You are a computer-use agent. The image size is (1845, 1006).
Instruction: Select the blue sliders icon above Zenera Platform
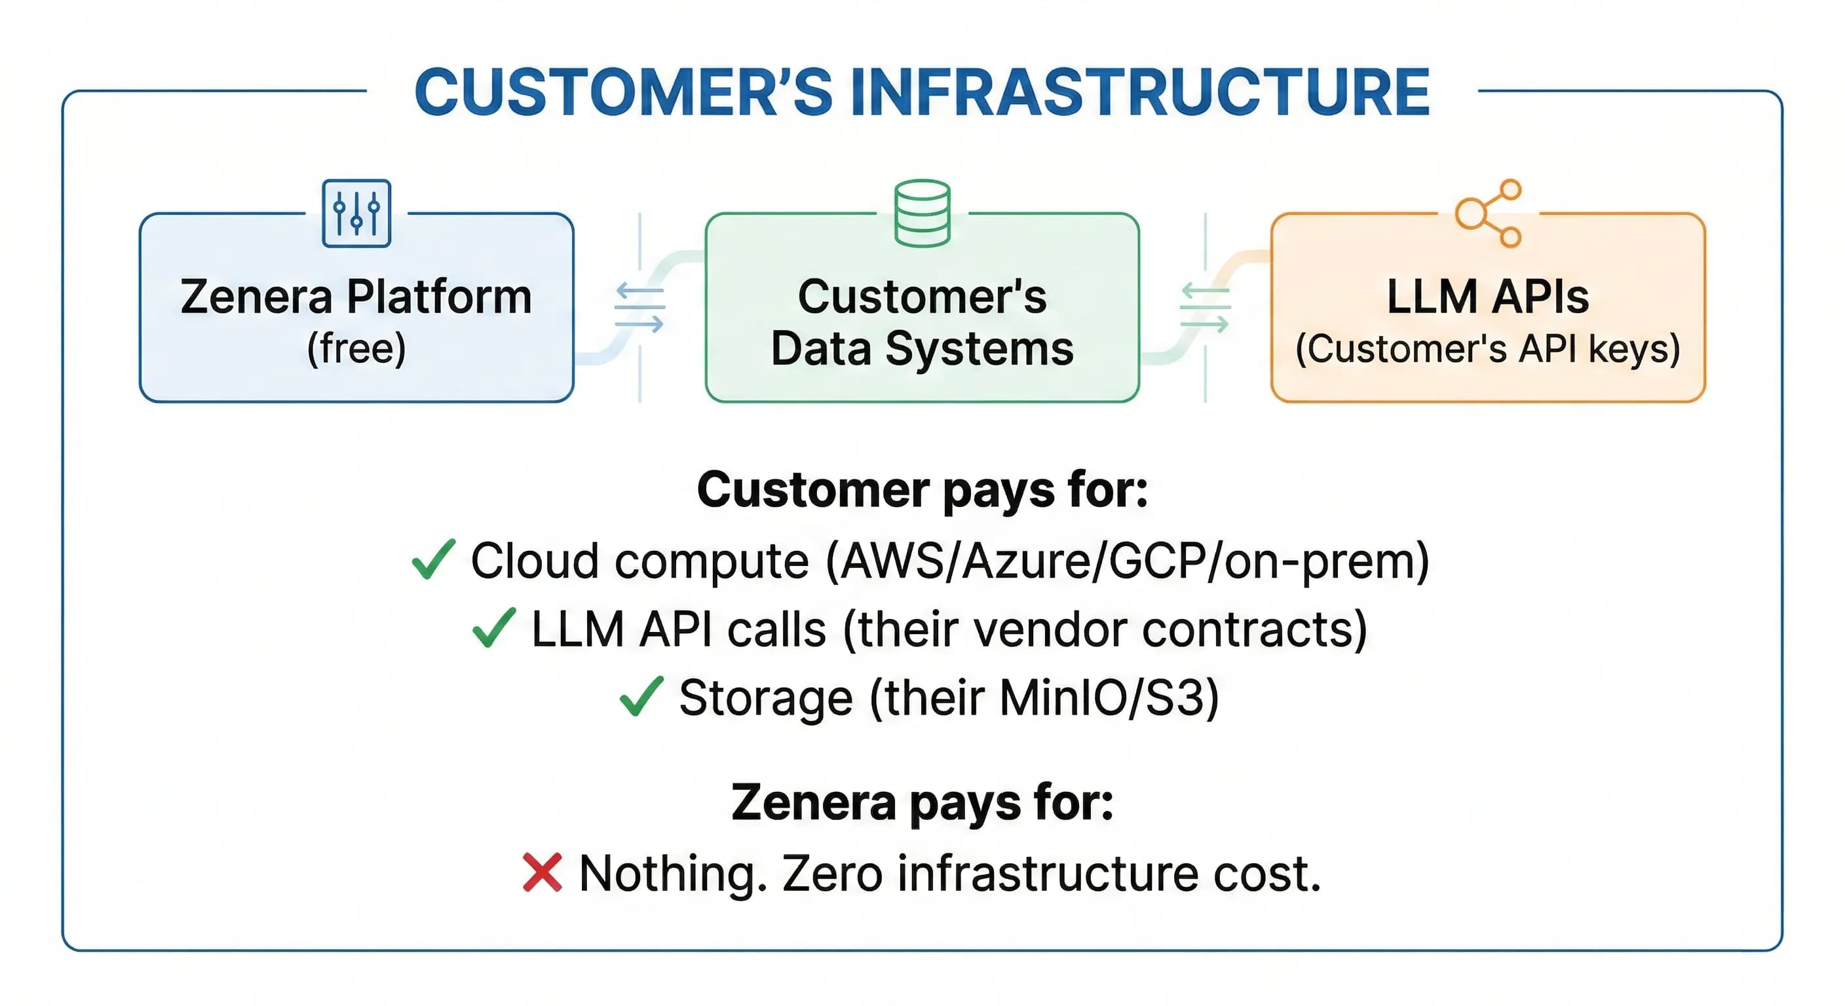pyautogui.click(x=356, y=214)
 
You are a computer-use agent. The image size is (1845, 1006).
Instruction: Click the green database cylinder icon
pyautogui.click(x=922, y=214)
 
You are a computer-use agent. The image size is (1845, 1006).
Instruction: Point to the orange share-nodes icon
pyautogui.click(x=1489, y=214)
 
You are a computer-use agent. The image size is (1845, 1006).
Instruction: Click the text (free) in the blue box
pyautogui.click(x=356, y=348)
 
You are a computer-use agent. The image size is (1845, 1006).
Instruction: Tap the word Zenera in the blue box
pyautogui.click(x=256, y=297)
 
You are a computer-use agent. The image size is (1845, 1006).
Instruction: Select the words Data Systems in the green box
pyautogui.click(x=922, y=348)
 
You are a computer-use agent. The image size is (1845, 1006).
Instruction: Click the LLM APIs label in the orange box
pyautogui.click(x=1488, y=297)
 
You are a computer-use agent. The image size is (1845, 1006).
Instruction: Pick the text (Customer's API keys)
pyautogui.click(x=1488, y=348)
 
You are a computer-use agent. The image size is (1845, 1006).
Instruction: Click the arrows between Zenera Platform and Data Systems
pyautogui.click(x=639, y=308)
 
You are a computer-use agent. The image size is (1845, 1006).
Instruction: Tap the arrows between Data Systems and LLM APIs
pyautogui.click(x=1206, y=308)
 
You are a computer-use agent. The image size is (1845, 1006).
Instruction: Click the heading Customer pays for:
pyautogui.click(x=922, y=491)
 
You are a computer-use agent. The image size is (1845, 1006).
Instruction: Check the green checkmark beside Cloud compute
pyautogui.click(x=433, y=559)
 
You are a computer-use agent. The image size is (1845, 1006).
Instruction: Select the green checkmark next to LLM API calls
pyautogui.click(x=494, y=628)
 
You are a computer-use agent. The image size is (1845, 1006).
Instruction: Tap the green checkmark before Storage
pyautogui.click(x=641, y=697)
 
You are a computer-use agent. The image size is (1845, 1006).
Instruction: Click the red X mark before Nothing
pyautogui.click(x=542, y=873)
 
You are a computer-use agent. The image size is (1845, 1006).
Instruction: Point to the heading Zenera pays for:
pyautogui.click(x=922, y=803)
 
